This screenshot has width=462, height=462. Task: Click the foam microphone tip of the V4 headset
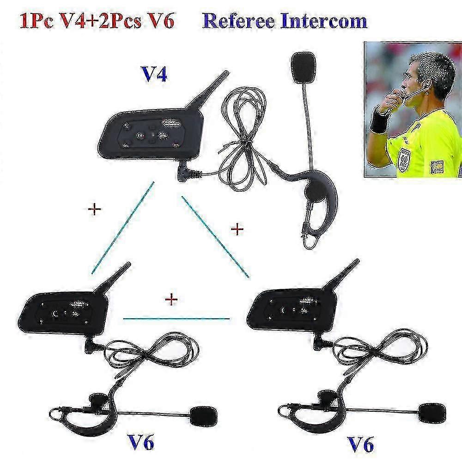click(x=303, y=67)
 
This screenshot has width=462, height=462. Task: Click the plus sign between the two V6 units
click(x=171, y=300)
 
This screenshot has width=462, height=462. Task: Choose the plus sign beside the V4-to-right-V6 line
click(x=237, y=228)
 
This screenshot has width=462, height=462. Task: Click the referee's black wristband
click(x=380, y=121)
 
